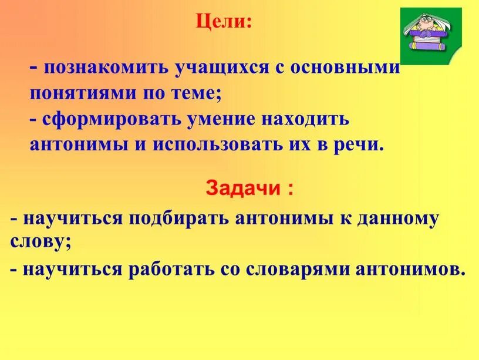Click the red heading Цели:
(x=224, y=22)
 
